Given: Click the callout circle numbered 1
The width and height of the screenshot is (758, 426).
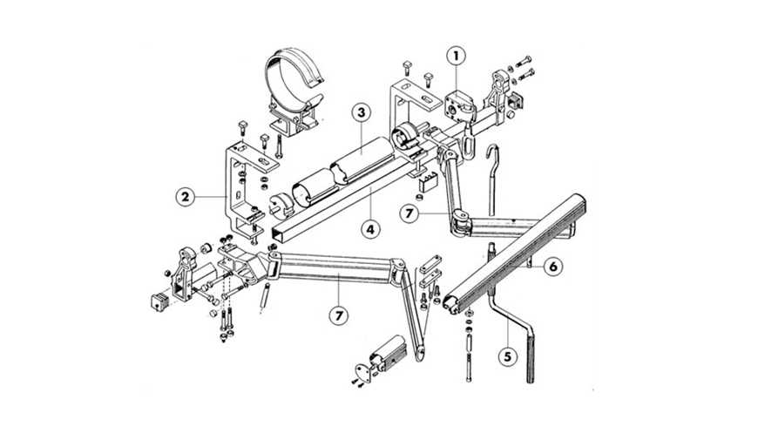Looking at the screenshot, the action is click(456, 56).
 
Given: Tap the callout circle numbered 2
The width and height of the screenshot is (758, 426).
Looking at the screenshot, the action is click(186, 197).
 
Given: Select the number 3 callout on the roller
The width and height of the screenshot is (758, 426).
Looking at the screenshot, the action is click(361, 113).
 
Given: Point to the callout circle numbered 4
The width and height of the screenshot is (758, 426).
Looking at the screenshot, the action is click(369, 228).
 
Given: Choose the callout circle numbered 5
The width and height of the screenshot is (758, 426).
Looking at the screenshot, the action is click(508, 356).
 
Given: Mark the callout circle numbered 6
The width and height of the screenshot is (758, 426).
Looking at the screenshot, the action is click(553, 266).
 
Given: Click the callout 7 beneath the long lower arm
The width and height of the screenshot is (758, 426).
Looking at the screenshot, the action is click(338, 315).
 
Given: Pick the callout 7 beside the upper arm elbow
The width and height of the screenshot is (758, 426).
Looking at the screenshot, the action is click(409, 213).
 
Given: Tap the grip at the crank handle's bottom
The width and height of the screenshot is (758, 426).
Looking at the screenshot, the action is click(531, 359).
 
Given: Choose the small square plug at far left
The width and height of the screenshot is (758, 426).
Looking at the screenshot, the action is click(159, 301).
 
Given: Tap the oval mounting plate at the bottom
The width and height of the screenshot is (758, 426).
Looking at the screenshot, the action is click(362, 373).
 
